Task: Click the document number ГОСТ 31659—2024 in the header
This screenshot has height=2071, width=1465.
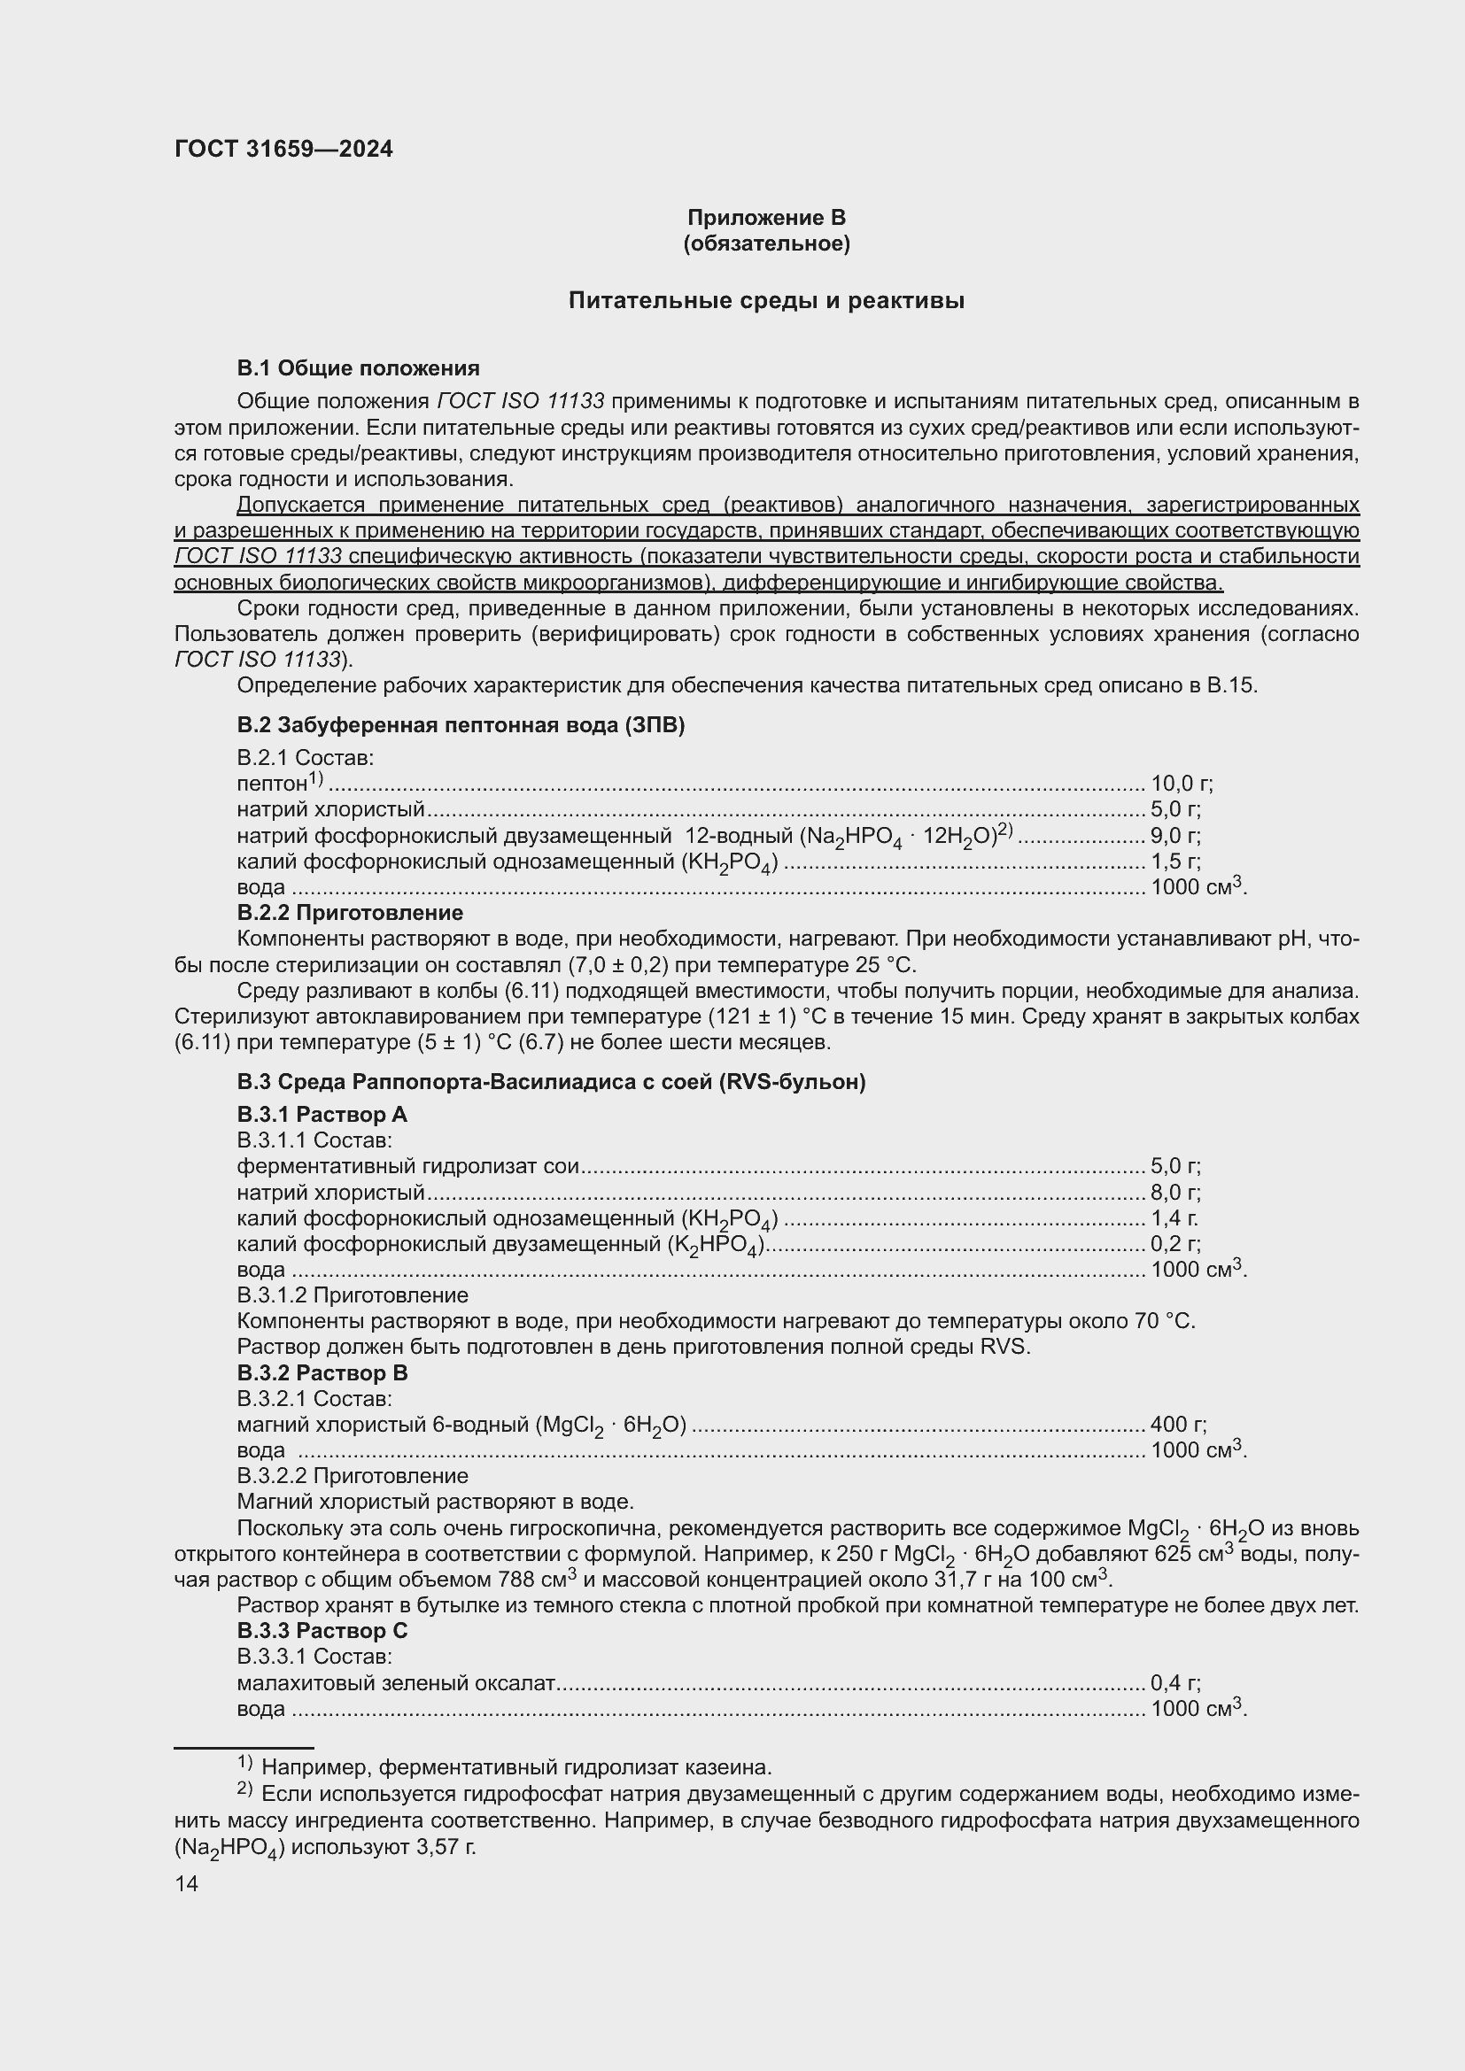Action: [283, 150]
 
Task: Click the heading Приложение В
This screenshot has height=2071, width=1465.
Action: [766, 218]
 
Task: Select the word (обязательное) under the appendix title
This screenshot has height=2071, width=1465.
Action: [766, 243]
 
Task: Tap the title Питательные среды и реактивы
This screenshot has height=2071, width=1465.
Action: [766, 301]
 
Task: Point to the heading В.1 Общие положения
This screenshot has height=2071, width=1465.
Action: [358, 368]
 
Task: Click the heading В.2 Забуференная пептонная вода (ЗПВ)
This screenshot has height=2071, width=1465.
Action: [460, 725]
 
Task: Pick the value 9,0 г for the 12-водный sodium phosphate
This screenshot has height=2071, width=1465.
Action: [1174, 835]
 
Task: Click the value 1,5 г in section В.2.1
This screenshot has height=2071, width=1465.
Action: [1174, 862]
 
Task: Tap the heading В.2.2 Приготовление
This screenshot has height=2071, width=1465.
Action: [350, 913]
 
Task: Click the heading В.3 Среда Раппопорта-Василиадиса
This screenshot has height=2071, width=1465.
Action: [550, 1081]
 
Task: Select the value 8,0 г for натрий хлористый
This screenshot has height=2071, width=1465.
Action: [1174, 1193]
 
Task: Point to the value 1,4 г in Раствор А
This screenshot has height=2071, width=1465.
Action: [1174, 1218]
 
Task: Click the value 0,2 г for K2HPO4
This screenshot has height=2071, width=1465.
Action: [1174, 1244]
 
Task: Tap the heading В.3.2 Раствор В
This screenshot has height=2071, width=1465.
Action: [322, 1373]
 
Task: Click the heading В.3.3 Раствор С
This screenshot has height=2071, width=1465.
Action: [322, 1631]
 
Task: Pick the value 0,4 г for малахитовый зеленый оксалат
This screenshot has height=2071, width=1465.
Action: [1174, 1682]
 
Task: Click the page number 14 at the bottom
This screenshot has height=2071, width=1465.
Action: [186, 1883]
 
